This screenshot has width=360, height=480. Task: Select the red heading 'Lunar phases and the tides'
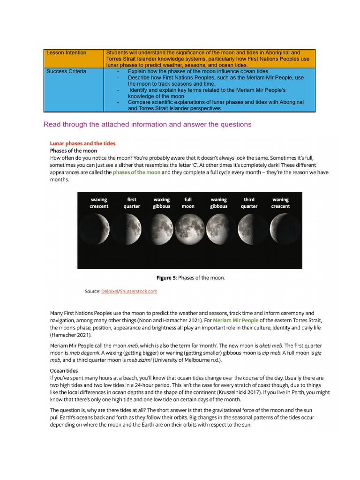pos(82,143)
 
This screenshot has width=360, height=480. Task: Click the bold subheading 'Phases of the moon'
pos(74,151)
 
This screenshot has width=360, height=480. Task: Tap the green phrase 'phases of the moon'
pos(136,172)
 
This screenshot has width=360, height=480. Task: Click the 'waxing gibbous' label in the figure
pos(162,203)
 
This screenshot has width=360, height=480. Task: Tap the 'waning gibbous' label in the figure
pos(218,203)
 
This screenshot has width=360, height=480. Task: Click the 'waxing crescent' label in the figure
pos(99,203)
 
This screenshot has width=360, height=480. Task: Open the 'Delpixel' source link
pos(110,292)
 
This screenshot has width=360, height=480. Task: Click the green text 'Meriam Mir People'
pos(235,321)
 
